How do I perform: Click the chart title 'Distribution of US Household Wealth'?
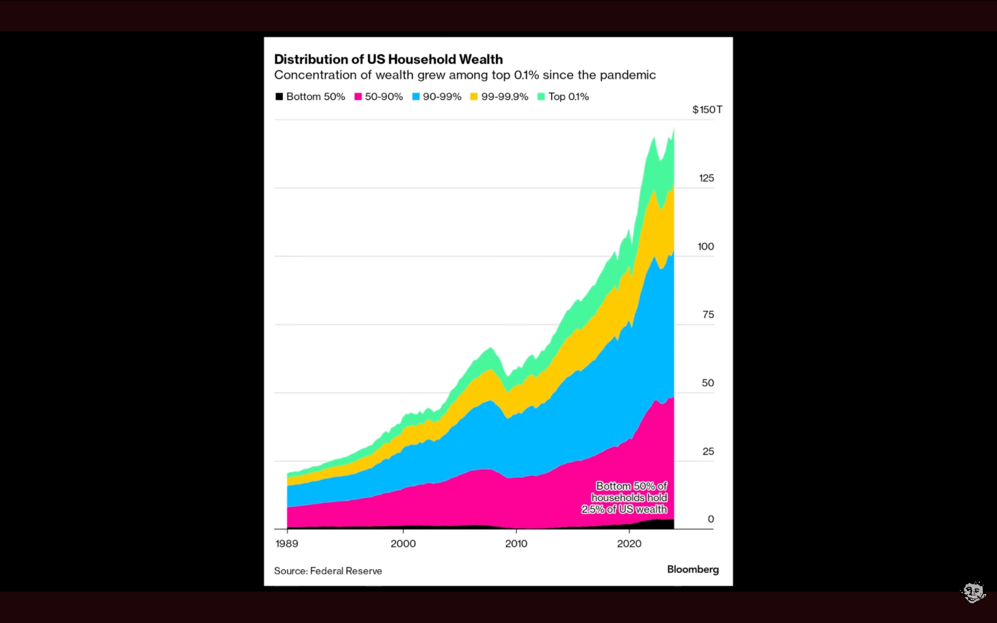point(388,59)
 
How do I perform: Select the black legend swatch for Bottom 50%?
point(279,97)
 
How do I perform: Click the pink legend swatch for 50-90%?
point(358,97)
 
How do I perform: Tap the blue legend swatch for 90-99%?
point(416,97)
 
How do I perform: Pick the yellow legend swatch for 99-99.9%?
point(474,97)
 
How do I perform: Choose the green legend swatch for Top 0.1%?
point(541,97)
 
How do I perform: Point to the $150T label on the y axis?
point(707,110)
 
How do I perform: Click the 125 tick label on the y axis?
point(706,178)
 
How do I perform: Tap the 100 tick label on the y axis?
point(706,246)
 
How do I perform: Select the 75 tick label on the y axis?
point(708,314)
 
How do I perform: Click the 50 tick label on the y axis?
point(708,383)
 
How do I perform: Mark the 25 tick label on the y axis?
point(708,451)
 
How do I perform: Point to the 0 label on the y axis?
point(711,519)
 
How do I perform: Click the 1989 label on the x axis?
point(287,544)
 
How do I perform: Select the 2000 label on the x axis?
point(403,544)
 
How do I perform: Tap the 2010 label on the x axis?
point(516,544)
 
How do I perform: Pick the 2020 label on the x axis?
point(629,544)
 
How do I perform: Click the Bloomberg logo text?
point(693,569)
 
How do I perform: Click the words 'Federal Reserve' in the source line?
point(346,571)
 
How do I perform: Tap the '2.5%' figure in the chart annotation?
point(592,509)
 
